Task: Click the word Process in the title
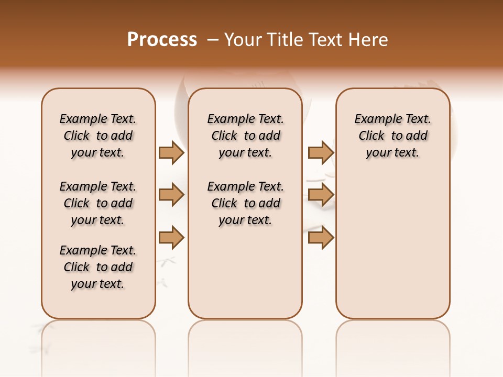point(162,40)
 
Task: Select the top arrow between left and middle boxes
point(171,152)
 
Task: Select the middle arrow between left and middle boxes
point(171,195)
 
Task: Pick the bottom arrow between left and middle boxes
point(171,238)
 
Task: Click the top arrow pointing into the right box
point(321,152)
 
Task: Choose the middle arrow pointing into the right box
point(321,195)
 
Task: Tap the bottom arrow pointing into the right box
point(321,238)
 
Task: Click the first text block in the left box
point(98,136)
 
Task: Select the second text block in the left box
point(98,203)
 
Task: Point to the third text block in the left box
point(98,267)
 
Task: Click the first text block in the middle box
point(245,136)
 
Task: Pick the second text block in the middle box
point(245,203)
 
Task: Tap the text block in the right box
point(393,136)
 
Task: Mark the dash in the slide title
point(213,40)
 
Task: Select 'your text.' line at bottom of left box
point(98,284)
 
